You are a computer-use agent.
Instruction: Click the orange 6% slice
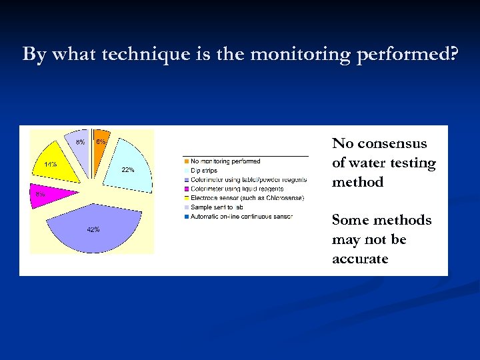pos(98,141)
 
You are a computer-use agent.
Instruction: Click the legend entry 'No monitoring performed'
pos(225,161)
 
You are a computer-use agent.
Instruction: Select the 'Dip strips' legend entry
pos(204,171)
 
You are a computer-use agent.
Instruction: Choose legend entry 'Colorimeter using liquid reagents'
pos(237,189)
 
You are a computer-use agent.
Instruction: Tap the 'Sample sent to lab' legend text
pos(217,207)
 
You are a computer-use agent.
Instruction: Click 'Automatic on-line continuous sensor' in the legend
pos(241,217)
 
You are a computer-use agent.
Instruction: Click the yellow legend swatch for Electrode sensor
pos(186,198)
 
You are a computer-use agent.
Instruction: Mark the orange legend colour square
pos(186,161)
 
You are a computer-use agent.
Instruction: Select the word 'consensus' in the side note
pos(393,144)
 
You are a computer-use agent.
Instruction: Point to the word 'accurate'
pos(360,259)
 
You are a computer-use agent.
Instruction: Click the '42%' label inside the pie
pos(93,229)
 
